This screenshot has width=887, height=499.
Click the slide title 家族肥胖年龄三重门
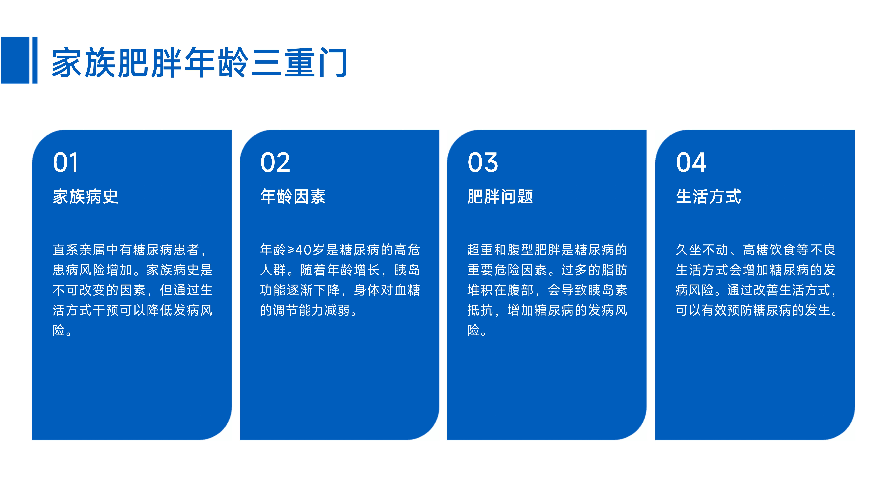[199, 63]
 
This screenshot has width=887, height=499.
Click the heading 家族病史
[85, 197]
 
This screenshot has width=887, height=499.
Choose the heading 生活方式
[708, 197]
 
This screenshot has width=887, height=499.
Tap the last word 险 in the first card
[59, 330]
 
